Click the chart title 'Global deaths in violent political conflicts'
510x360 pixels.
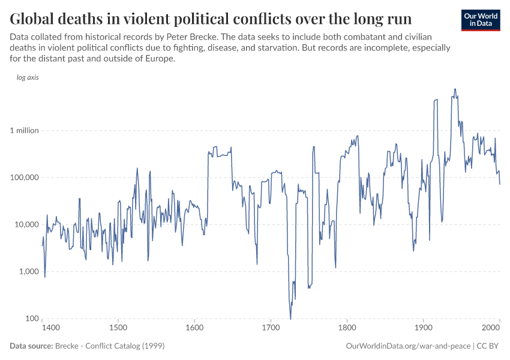[x=211, y=16]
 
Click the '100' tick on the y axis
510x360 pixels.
[x=31, y=319]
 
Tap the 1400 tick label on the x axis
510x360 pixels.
[x=50, y=328]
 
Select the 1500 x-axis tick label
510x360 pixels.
[x=118, y=328]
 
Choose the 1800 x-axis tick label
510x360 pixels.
[x=347, y=328]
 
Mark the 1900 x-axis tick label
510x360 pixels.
[x=424, y=328]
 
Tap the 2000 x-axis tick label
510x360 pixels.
[x=491, y=328]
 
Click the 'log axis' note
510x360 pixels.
[x=28, y=78]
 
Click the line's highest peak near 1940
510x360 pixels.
[x=455, y=89]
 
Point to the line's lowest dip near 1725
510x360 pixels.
[x=290, y=319]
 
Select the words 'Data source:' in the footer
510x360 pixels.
[x=31, y=346]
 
